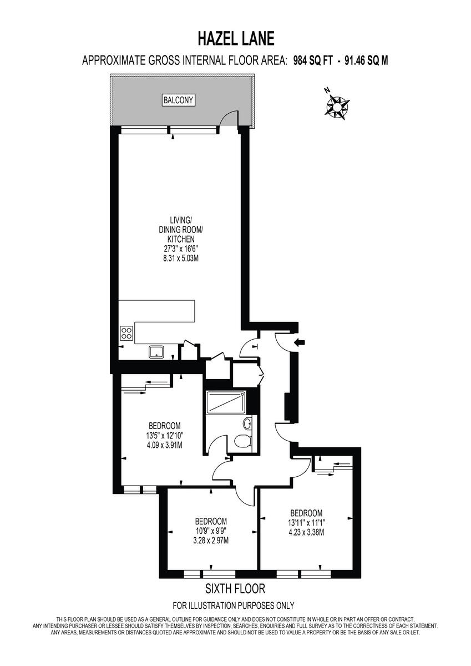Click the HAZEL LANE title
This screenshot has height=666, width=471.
pos(235,39)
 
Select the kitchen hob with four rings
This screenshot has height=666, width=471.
pos(127,333)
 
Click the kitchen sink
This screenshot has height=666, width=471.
pos(155,351)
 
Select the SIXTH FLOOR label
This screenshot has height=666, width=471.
pos(235,588)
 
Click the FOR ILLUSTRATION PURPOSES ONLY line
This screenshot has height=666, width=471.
pos(234,606)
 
